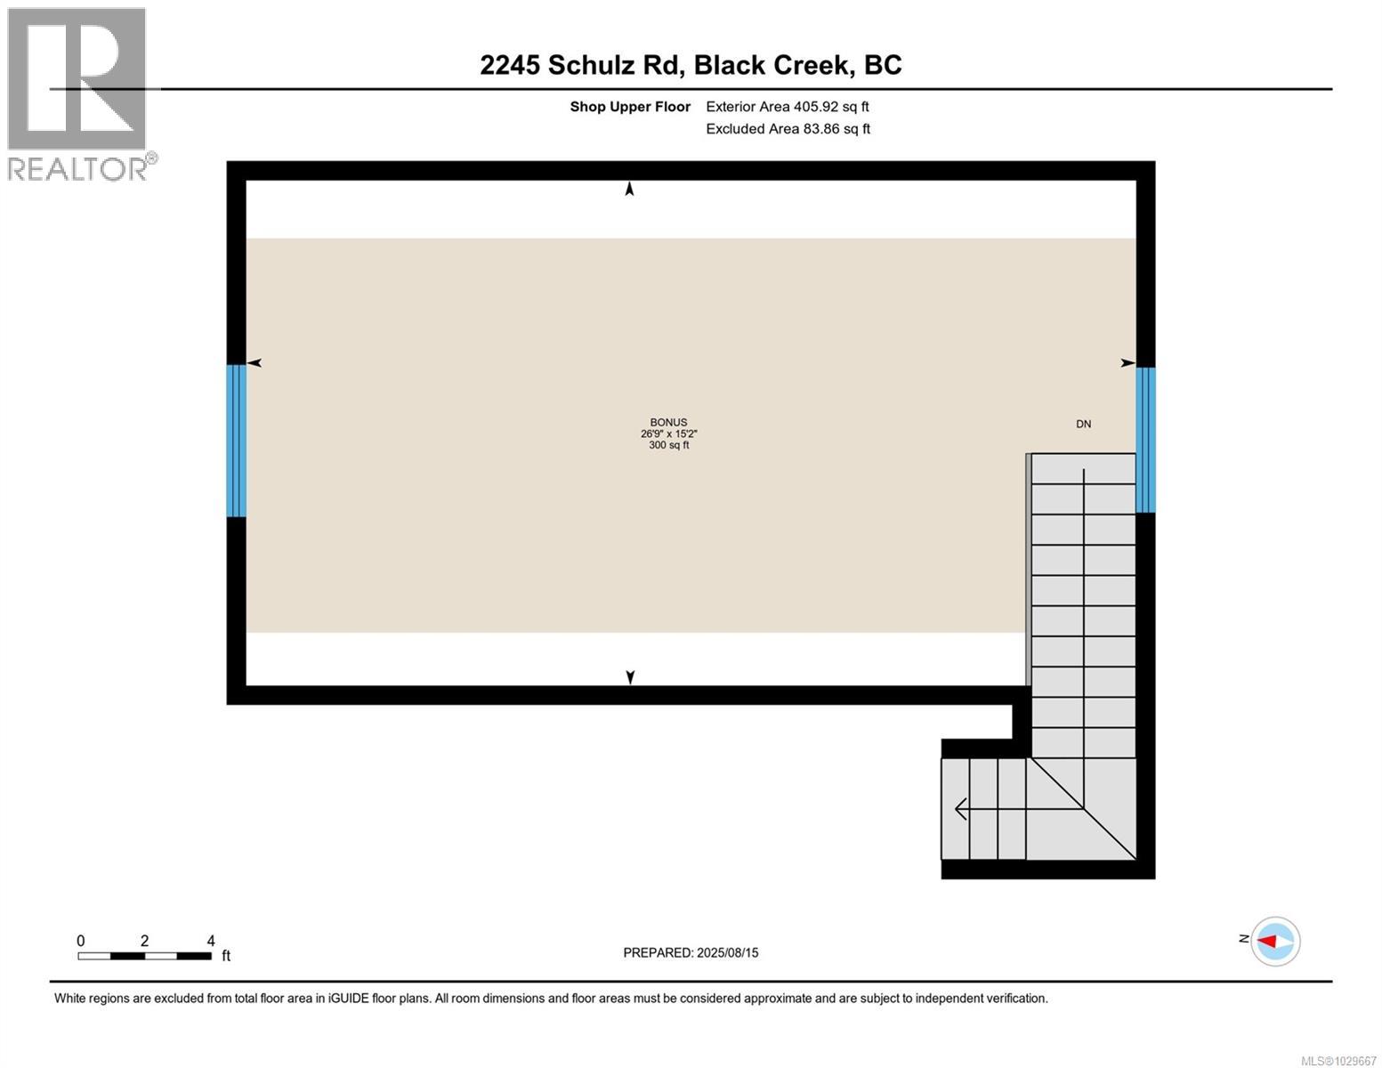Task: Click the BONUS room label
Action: click(668, 423)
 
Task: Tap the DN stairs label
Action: click(1083, 424)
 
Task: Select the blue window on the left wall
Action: click(236, 441)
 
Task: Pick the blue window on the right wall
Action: click(1146, 440)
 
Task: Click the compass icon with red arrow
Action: click(1275, 941)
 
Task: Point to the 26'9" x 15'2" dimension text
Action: click(668, 434)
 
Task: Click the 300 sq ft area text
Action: click(668, 445)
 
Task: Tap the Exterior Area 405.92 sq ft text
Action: click(787, 107)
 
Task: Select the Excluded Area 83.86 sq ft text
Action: click(788, 129)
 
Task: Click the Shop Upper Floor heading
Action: click(630, 107)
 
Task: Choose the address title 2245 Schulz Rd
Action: click(691, 65)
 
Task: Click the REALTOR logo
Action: click(78, 93)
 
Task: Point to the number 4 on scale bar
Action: click(211, 941)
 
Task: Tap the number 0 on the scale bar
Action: click(81, 941)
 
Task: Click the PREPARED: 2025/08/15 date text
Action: click(691, 952)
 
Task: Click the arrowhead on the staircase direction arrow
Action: click(960, 809)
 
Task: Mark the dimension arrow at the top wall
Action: click(630, 189)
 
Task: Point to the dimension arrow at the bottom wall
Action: click(630, 677)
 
